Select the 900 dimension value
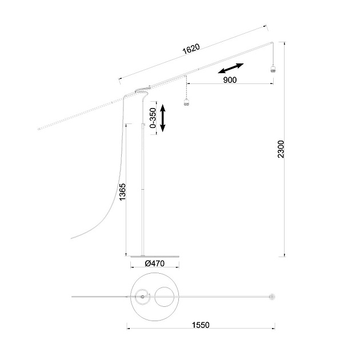(x=229, y=81)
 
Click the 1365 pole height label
(x=122, y=193)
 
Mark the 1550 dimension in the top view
(x=201, y=325)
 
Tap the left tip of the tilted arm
(x=38, y=130)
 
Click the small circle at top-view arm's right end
(x=271, y=297)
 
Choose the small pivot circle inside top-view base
(x=141, y=296)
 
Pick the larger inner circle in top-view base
(x=165, y=297)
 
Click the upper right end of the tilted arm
(x=272, y=43)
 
